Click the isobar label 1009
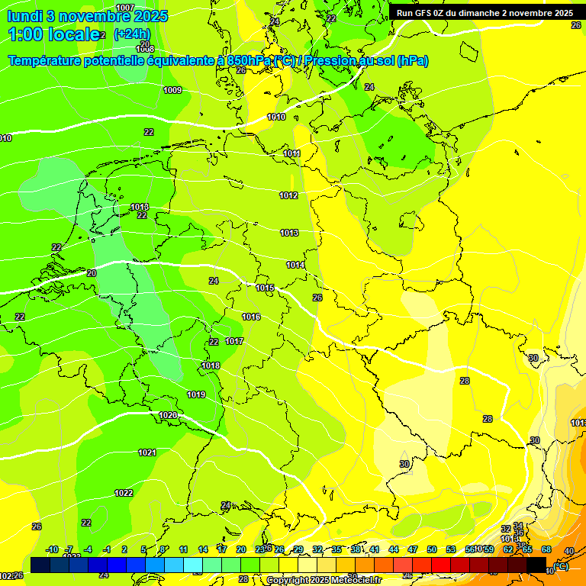click(172, 90)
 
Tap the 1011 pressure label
click(291, 153)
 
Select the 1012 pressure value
click(288, 195)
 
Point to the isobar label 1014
click(295, 265)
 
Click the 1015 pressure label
click(265, 288)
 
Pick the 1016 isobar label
click(251, 317)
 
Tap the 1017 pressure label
click(234, 341)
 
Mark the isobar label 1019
click(196, 394)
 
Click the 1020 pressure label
click(168, 415)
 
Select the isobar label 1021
click(147, 452)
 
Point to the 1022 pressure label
click(124, 493)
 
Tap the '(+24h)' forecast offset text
click(132, 34)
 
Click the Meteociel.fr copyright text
click(324, 580)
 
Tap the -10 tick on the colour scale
click(53, 549)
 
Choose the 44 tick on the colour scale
click(394, 549)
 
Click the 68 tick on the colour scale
click(546, 549)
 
